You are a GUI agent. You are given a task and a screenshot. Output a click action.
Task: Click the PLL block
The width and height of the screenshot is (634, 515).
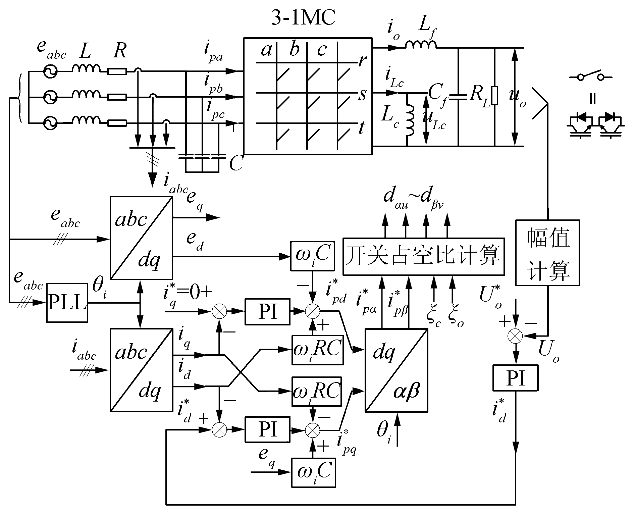point(67,303)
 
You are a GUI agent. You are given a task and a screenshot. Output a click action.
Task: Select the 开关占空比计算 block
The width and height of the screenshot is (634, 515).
point(424,257)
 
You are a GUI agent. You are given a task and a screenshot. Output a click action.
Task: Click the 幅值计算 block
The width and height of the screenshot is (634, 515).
point(547,253)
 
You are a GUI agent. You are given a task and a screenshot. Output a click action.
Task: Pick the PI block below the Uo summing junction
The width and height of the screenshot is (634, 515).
point(515,378)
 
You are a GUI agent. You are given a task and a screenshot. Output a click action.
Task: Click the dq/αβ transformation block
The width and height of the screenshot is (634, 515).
point(396,370)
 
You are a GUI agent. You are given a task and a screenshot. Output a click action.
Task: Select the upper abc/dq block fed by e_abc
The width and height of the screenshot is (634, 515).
point(141,238)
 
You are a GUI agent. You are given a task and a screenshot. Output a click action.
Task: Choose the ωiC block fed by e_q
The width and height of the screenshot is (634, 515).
point(313,472)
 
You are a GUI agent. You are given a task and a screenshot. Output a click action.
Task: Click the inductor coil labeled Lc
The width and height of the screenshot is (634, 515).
point(410,120)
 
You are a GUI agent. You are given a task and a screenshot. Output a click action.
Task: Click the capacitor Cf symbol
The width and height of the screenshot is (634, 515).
point(458,97)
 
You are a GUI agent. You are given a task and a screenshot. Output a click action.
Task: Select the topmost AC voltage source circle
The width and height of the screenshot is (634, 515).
point(51,71)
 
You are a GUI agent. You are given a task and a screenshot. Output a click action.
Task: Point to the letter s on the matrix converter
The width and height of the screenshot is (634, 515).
point(362,95)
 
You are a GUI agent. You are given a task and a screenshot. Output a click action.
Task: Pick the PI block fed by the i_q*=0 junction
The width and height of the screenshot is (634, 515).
point(267,311)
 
